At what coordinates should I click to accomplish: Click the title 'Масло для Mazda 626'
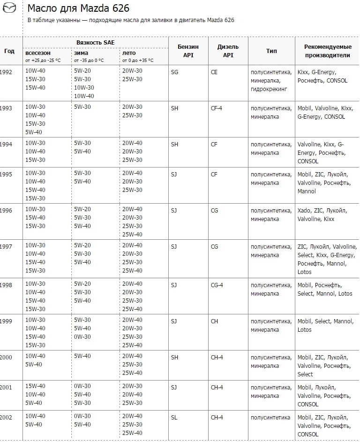coord(78,8)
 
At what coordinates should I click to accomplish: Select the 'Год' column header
coord(9,51)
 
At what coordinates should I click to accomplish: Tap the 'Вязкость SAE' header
coord(95,42)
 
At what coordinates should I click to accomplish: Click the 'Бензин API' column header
coord(188,51)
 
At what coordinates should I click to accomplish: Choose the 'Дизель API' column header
coord(228,51)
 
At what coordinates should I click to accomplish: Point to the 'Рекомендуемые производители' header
coord(327,51)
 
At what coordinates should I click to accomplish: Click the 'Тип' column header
coord(271,51)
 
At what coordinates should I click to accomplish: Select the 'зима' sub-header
coord(81,53)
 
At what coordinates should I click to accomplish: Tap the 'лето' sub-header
coord(129,53)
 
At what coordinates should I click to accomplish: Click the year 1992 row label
coord(6,72)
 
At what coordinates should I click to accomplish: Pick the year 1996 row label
coord(6,209)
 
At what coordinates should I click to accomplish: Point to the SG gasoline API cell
coord(175,72)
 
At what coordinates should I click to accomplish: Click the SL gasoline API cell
coord(174,417)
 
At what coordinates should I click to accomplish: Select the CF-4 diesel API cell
coord(217,108)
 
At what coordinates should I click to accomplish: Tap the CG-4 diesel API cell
coord(217,284)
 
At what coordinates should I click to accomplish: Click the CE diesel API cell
coord(214,72)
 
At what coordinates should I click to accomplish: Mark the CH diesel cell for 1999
coord(215,321)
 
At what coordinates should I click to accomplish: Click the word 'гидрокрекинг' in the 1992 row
coord(269,89)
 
